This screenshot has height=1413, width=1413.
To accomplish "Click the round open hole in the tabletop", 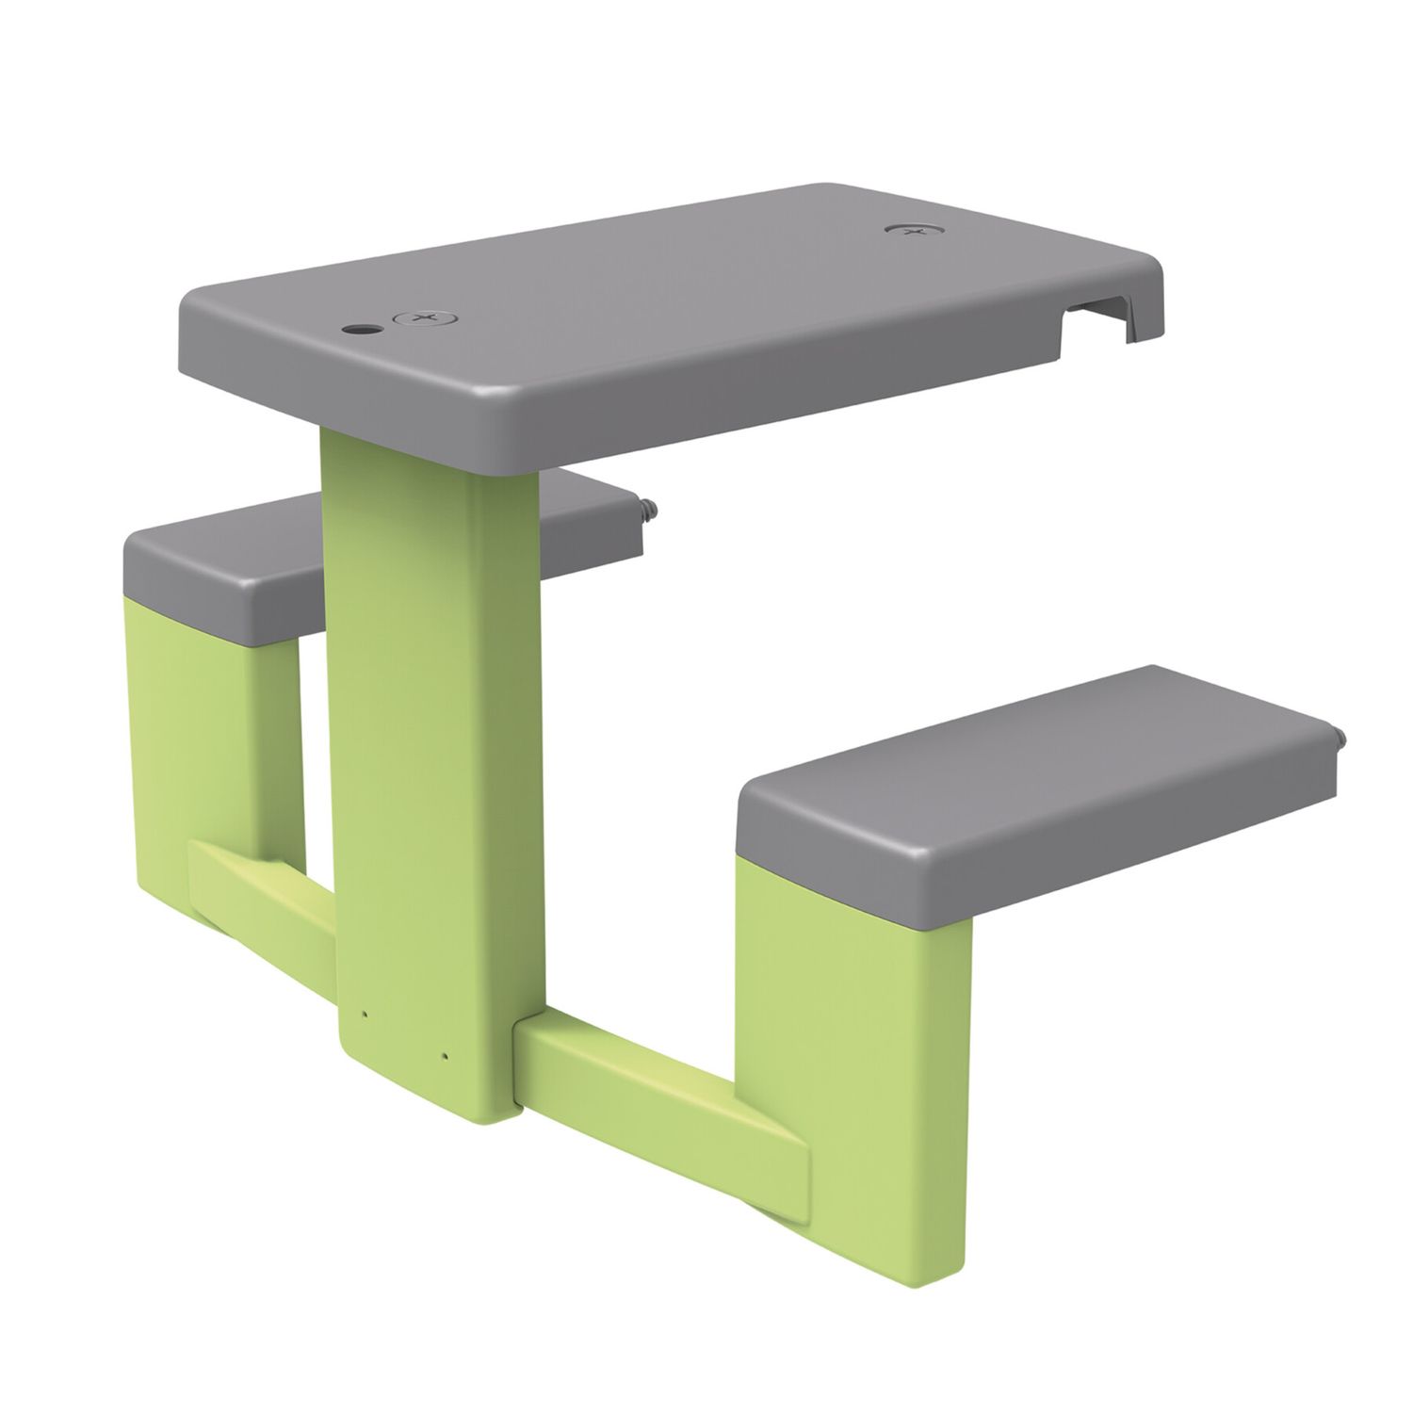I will pyautogui.click(x=359, y=330).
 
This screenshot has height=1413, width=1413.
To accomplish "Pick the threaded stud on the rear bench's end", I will pyautogui.click(x=651, y=510).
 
